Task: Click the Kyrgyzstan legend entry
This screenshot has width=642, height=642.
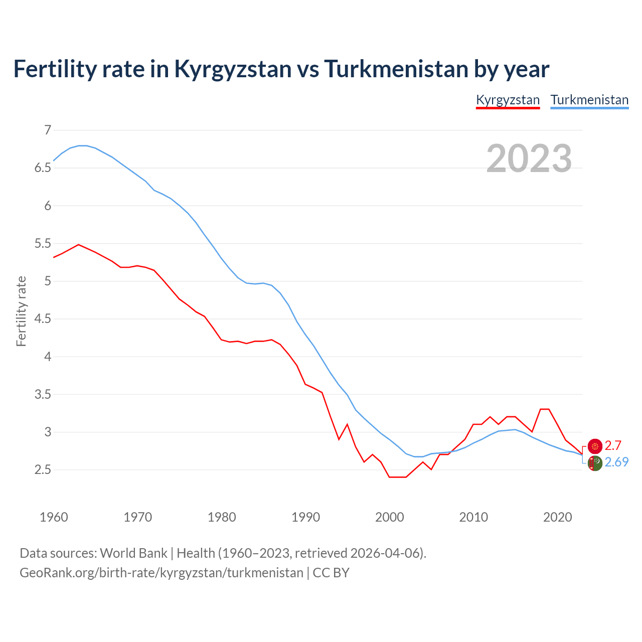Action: [x=508, y=100]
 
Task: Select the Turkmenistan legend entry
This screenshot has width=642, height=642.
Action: [x=589, y=100]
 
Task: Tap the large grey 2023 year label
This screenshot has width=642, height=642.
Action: [x=529, y=158]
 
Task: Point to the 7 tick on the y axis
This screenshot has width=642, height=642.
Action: [x=48, y=130]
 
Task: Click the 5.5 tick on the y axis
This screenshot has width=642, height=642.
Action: [x=43, y=244]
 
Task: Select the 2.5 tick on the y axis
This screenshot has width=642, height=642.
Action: [x=43, y=470]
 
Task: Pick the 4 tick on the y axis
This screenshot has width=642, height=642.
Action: [x=48, y=357]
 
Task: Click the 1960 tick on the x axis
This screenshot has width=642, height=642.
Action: [x=54, y=517]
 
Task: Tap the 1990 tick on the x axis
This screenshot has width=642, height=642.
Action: [x=305, y=517]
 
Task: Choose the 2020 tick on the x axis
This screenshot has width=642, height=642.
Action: [x=557, y=517]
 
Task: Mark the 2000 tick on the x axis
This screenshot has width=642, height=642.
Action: [x=390, y=517]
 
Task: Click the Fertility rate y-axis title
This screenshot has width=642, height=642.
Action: [x=21, y=311]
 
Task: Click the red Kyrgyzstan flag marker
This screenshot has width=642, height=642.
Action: [x=595, y=446]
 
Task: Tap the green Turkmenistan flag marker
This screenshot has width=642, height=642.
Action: [x=595, y=463]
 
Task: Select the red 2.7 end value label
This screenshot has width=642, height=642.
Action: [x=613, y=445]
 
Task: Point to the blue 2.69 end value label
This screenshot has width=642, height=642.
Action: [x=616, y=462]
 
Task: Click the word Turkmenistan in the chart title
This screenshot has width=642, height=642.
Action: [x=396, y=69]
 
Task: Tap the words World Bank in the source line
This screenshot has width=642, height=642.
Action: [x=133, y=553]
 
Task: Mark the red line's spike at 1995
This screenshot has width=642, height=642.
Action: [x=347, y=424]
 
